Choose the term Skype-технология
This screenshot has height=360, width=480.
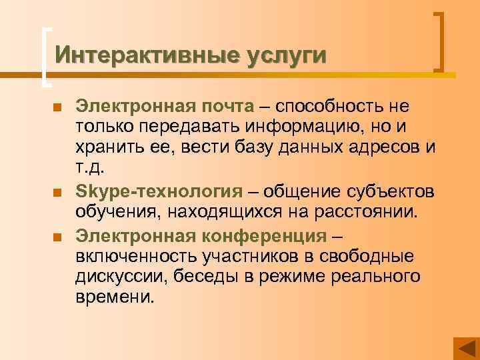pyautogui.click(x=159, y=193)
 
